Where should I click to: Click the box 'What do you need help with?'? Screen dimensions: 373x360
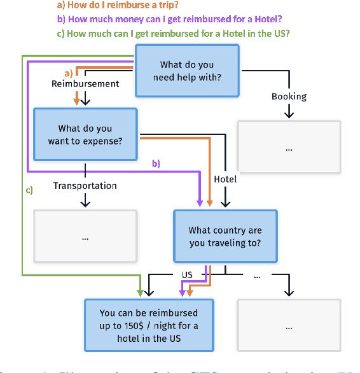click(x=186, y=71)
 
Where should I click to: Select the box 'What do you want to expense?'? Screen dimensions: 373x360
click(x=85, y=134)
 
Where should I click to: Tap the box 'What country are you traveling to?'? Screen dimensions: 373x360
click(x=225, y=236)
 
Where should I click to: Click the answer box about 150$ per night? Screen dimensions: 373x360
click(x=149, y=325)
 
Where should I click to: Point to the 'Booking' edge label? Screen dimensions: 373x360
click(x=289, y=97)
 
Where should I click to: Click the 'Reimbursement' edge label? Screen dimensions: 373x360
click(x=85, y=83)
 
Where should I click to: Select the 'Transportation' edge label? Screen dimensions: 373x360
click(x=85, y=186)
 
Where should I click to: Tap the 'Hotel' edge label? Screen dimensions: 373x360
click(x=225, y=179)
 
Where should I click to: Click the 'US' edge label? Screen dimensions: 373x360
click(x=187, y=275)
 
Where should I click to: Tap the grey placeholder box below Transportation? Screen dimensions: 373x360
click(x=85, y=236)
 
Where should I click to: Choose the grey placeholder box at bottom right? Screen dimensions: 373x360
click(x=289, y=325)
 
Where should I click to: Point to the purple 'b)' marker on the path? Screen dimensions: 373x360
click(x=155, y=164)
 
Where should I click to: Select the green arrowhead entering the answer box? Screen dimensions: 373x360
click(x=140, y=293)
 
